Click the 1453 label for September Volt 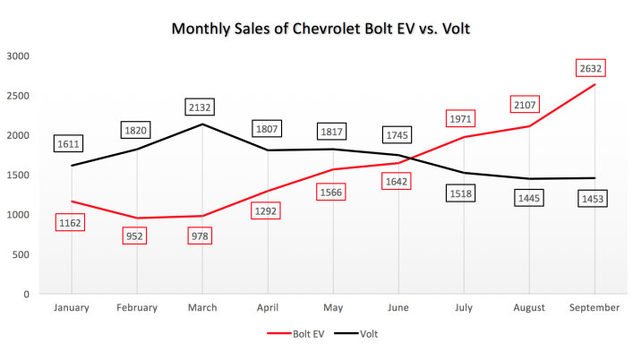(594, 197)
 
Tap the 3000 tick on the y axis (18, 56)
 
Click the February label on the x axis (137, 307)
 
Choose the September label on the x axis (594, 307)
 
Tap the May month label (333, 307)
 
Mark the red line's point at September (594, 85)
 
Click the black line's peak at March (202, 124)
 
